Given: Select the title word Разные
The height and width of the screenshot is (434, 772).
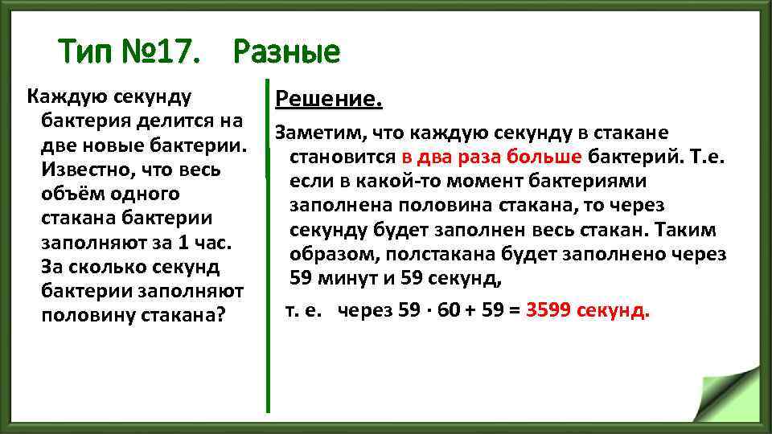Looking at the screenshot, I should [287, 53].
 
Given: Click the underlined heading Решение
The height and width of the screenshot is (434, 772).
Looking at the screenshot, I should [329, 100].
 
